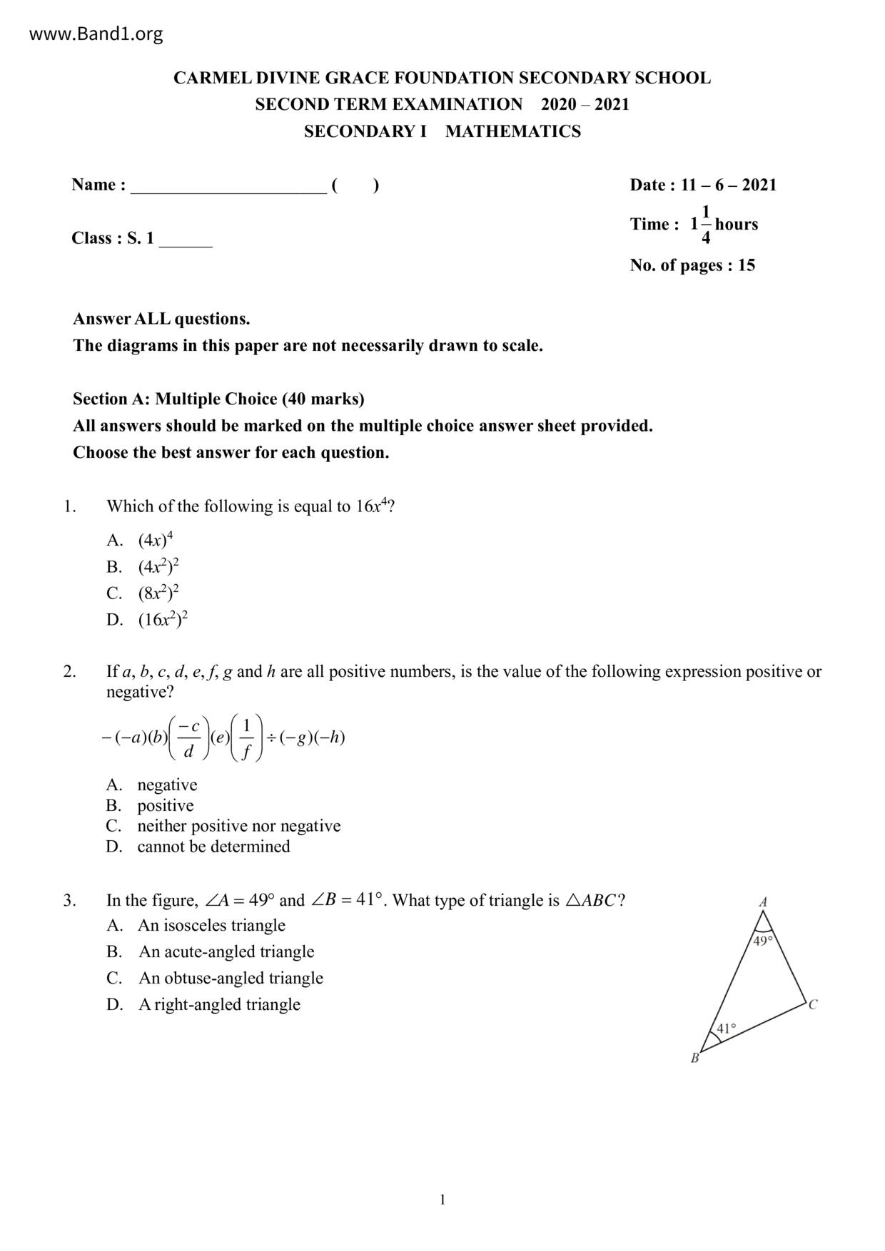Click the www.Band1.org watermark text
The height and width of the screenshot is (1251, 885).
pos(96,34)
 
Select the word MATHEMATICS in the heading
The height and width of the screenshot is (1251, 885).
pos(513,131)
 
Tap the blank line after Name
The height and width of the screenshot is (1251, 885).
pos(228,187)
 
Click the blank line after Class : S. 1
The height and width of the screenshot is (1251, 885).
pos(186,240)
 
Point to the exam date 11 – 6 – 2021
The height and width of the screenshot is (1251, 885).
pos(728,185)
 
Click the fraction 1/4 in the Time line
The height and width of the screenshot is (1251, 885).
pos(706,224)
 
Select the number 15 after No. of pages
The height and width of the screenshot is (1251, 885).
pos(747,265)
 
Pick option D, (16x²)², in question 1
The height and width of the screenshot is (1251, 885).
pos(163,619)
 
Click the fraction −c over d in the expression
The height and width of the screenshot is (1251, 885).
pos(188,737)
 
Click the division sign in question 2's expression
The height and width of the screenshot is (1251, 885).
pos(271,737)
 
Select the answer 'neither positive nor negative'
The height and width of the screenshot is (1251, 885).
pos(238,826)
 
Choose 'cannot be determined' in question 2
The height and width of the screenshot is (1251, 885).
pos(213,847)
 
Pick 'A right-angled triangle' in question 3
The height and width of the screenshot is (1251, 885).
pos(219,1004)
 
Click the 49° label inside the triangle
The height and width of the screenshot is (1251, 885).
pos(762,941)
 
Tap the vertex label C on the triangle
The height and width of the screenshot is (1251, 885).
pos(813,1005)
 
